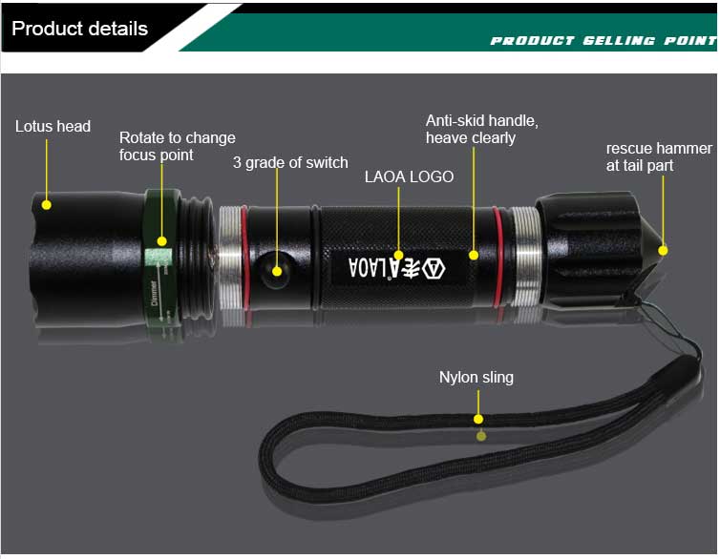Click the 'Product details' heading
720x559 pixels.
click(x=79, y=29)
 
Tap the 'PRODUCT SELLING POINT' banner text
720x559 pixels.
click(x=604, y=41)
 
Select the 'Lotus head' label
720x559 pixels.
click(x=53, y=126)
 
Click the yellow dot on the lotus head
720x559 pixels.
click(x=47, y=205)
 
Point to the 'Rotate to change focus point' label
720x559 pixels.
click(x=178, y=146)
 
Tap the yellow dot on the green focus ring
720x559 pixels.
click(x=161, y=241)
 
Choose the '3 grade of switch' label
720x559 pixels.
click(x=290, y=162)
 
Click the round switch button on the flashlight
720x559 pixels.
click(x=274, y=270)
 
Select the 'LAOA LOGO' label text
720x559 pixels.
click(x=409, y=176)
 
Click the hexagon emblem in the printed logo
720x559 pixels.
click(x=433, y=268)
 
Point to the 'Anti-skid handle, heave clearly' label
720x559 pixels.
click(x=481, y=130)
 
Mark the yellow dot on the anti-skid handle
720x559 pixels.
click(x=474, y=255)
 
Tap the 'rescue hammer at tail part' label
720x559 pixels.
click(x=659, y=156)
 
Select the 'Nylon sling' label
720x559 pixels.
click(x=476, y=378)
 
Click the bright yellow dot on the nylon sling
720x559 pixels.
click(x=478, y=419)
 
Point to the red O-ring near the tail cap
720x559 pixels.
click(x=498, y=257)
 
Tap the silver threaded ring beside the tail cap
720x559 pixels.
click(x=527, y=256)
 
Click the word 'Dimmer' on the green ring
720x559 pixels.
click(x=155, y=293)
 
